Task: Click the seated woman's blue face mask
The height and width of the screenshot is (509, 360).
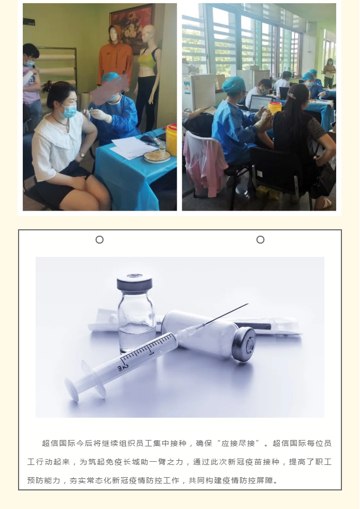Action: tap(67, 111)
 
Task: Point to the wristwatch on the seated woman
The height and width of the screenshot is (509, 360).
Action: tap(82, 156)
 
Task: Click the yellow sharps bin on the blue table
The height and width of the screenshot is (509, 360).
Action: tap(172, 140)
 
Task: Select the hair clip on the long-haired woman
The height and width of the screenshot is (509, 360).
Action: tap(292, 96)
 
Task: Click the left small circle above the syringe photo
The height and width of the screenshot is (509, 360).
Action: tap(100, 239)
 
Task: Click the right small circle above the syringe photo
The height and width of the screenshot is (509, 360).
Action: tap(260, 239)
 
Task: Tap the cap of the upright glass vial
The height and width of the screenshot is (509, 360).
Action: tap(135, 282)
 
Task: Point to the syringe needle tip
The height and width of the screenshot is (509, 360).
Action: tap(247, 304)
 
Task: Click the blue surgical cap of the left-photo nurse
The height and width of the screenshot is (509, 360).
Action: tap(110, 77)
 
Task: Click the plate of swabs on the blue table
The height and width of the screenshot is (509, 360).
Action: tap(157, 157)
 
